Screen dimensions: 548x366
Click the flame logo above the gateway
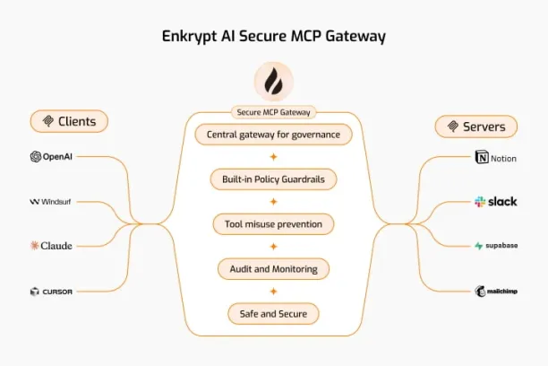(274, 82)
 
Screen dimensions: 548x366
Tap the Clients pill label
(69, 121)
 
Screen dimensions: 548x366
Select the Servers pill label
(476, 126)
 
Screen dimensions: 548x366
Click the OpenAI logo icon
(36, 157)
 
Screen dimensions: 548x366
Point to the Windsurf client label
(50, 202)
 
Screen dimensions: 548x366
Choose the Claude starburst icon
(34, 246)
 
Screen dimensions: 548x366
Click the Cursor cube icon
(34, 292)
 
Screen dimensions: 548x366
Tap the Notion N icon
(482, 157)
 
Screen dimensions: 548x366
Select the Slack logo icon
(480, 202)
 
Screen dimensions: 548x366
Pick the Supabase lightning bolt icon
(478, 246)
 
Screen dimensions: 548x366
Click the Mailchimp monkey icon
(480, 291)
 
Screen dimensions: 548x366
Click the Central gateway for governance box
(273, 135)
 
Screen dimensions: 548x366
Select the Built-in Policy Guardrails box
(273, 179)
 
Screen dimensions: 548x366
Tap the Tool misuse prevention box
(273, 224)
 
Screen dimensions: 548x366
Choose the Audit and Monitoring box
(273, 269)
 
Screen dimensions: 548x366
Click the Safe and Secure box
(273, 314)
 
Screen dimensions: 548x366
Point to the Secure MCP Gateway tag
(274, 112)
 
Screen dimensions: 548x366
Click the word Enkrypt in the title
(189, 37)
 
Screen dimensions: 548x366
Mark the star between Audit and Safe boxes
(274, 292)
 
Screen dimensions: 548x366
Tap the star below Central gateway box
(274, 157)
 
